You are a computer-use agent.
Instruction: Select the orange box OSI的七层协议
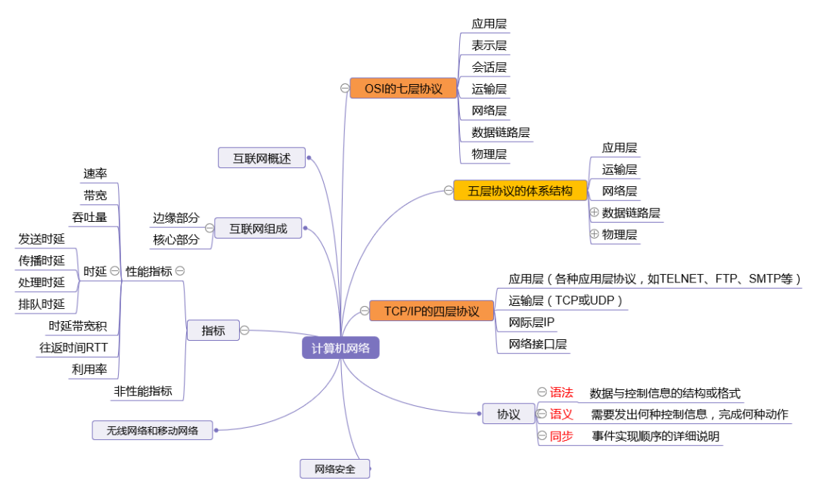click(x=403, y=89)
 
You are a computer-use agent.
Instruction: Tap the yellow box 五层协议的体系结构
click(x=520, y=190)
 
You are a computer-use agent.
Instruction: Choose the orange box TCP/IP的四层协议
click(x=431, y=310)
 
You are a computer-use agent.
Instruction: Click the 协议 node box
click(x=508, y=413)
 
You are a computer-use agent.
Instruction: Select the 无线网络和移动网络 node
click(x=151, y=430)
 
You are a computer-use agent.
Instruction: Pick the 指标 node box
click(x=213, y=330)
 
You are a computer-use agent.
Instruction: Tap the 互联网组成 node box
click(x=258, y=228)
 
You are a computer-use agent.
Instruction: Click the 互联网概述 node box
click(x=260, y=158)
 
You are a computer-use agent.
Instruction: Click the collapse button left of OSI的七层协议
click(x=344, y=89)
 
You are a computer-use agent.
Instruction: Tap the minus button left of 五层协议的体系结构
click(x=448, y=191)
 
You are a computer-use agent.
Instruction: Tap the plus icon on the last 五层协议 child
click(x=595, y=234)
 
